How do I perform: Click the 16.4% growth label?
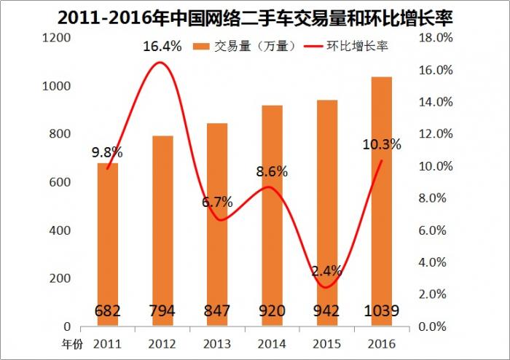(x=161, y=47)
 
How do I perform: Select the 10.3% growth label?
(x=382, y=144)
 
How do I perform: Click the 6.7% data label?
(x=217, y=202)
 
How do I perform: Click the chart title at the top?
(x=254, y=15)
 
